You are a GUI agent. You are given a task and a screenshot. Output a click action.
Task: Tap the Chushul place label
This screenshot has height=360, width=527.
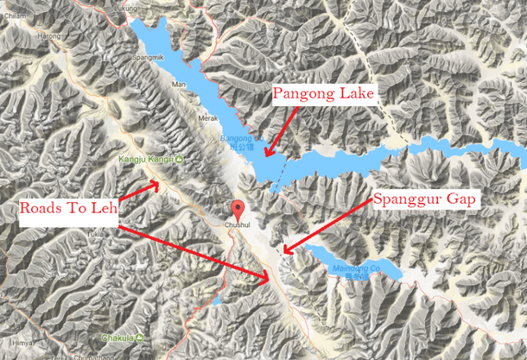(x=239, y=228)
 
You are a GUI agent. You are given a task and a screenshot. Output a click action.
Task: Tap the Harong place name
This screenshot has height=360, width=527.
(x=50, y=36)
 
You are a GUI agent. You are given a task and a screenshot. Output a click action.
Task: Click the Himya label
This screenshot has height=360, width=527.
(x=13, y=342)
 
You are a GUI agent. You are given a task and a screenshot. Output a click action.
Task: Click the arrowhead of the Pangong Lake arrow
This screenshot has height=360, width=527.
(x=267, y=156)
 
